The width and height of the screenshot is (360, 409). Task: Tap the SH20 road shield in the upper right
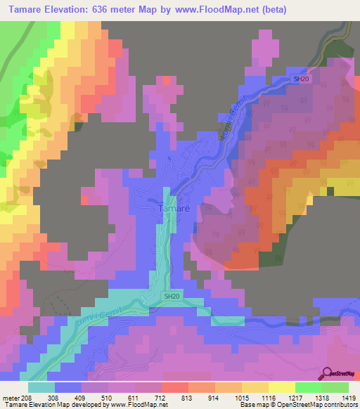tap(301, 79)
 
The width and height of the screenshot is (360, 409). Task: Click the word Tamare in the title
tap(31, 9)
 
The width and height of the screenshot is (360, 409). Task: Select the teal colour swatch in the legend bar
tap(41, 387)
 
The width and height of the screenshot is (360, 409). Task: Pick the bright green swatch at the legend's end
tap(335, 387)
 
